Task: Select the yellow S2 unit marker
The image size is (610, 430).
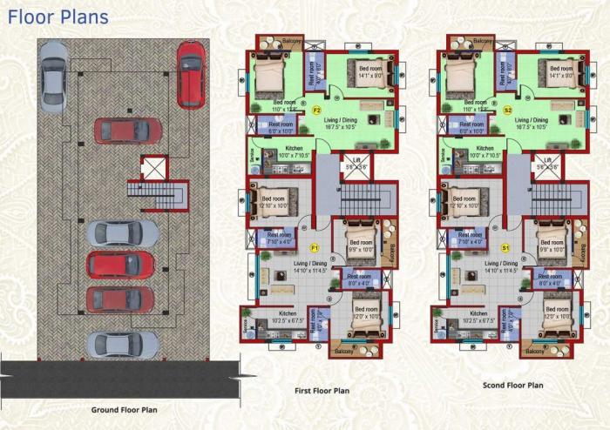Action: coord(507,111)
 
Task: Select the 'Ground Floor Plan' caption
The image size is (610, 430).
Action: coord(124,409)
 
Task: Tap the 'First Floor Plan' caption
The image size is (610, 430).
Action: coord(322,391)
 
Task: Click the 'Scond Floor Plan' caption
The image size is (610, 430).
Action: coord(512,385)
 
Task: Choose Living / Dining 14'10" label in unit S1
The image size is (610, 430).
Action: coord(500,266)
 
